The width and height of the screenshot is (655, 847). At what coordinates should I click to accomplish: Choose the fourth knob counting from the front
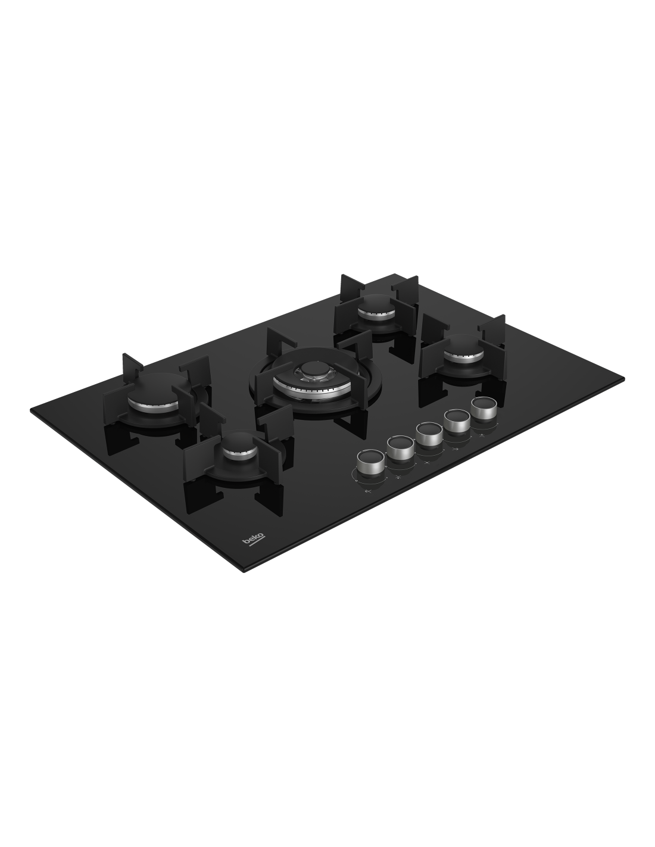(x=457, y=420)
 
